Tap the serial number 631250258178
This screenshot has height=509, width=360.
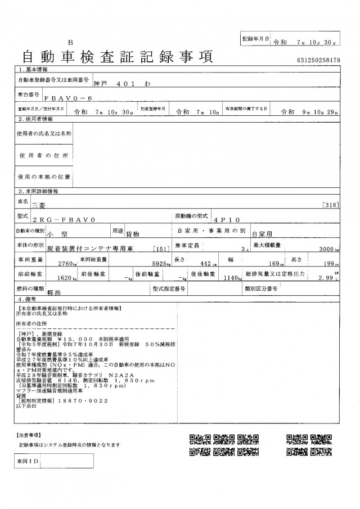317,60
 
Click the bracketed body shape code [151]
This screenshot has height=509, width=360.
159,248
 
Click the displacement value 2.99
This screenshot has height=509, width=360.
326,277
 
